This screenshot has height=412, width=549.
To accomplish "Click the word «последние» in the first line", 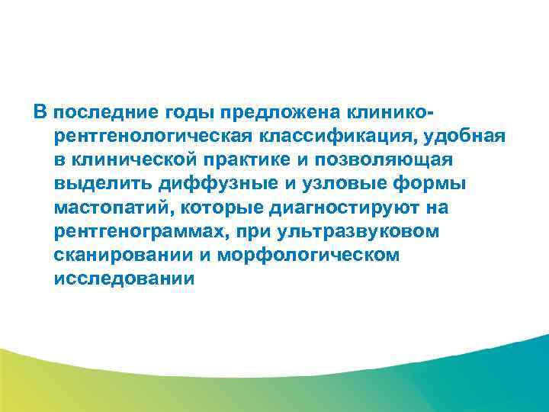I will point(103,113).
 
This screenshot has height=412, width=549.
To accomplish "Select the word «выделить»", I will point(98,184).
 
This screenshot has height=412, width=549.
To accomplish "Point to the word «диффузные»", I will point(205,184).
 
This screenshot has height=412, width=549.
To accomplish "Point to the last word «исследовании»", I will point(125,278).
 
